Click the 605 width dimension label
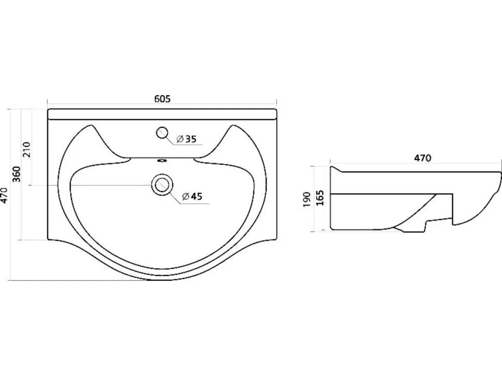coord(163,99)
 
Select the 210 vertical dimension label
coord(26,149)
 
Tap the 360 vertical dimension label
coord(16,174)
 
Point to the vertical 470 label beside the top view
coord(4,195)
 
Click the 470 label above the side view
coord(423,158)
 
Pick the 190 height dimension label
coord(307,199)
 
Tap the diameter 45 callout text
coord(193,196)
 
